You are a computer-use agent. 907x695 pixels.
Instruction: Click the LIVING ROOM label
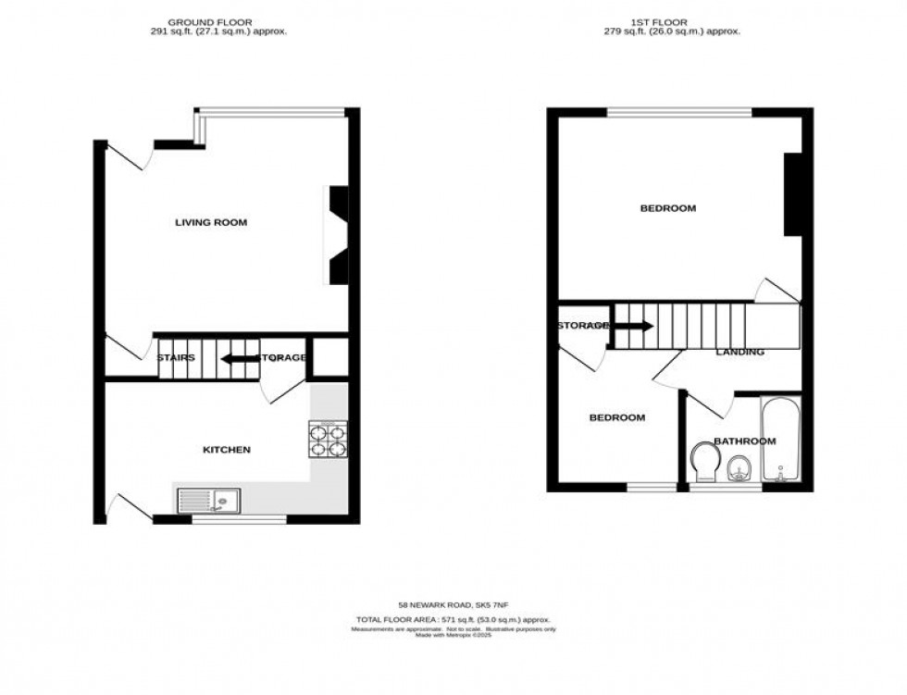click(211, 222)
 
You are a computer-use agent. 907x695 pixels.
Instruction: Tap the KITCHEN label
click(227, 450)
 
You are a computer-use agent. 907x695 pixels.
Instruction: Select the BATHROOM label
click(744, 441)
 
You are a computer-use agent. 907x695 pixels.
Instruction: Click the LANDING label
click(739, 353)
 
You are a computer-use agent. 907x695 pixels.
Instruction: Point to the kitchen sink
click(208, 501)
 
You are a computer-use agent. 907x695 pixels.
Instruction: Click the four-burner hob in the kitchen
click(329, 440)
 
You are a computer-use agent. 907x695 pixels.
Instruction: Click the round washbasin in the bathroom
click(739, 469)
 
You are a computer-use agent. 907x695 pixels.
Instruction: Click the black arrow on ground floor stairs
click(237, 358)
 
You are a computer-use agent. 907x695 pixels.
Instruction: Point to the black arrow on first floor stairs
click(635, 326)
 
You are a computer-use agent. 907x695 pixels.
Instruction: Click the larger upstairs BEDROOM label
click(667, 208)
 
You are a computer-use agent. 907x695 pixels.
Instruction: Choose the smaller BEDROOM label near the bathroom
click(617, 417)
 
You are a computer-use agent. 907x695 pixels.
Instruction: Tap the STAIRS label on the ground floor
click(175, 357)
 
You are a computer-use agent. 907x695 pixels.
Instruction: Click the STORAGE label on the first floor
click(582, 326)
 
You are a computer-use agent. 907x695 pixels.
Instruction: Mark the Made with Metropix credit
click(453, 635)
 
